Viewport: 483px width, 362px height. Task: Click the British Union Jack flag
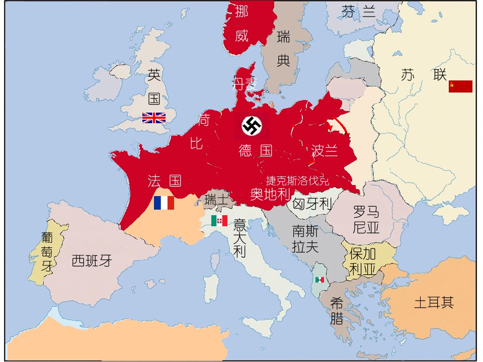[154, 118]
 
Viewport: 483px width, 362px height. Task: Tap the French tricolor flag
[164, 203]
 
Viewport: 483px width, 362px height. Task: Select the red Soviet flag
[460, 86]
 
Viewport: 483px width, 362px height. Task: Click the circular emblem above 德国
[252, 126]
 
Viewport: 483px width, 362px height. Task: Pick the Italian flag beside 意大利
[219, 221]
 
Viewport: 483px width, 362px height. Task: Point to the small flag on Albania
[319, 280]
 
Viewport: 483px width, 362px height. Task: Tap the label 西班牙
[92, 261]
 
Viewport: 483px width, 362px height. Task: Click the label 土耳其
[434, 303]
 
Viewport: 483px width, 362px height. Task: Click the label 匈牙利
[312, 204]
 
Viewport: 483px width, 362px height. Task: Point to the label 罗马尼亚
[366, 219]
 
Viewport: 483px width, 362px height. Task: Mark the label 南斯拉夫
[305, 239]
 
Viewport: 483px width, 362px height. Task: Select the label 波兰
[325, 150]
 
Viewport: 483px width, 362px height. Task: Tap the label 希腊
[337, 311]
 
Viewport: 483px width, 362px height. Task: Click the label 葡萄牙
[47, 251]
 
